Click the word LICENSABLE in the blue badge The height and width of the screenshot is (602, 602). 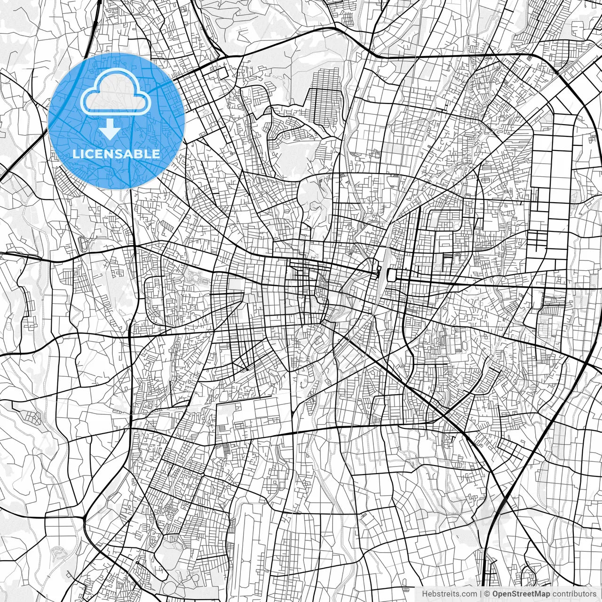116,154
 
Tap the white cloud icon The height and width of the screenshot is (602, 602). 116,92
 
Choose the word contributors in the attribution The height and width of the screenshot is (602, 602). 573,594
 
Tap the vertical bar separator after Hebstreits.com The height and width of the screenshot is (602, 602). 481,594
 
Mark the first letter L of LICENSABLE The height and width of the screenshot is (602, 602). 75,154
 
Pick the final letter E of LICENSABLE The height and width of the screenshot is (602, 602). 157,154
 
